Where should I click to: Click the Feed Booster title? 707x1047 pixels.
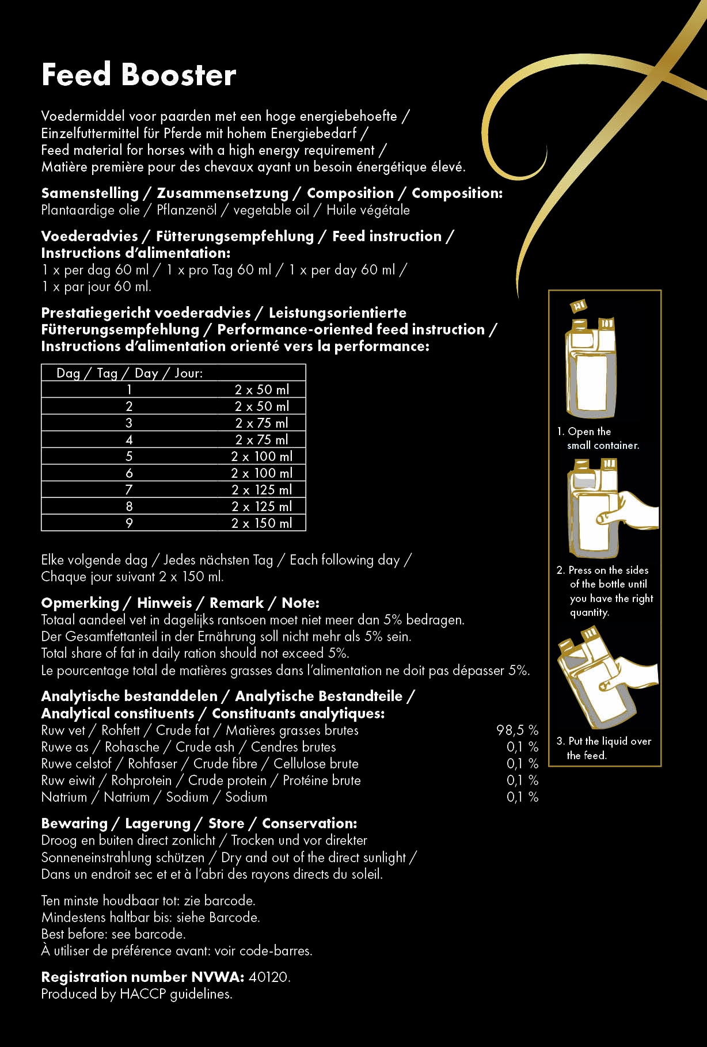[x=139, y=75]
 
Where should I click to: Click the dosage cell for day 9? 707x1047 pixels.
[x=261, y=523]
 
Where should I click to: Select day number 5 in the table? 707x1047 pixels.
[x=129, y=456]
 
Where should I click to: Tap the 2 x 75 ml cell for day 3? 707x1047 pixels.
[x=261, y=423]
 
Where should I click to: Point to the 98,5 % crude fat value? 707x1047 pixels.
[x=517, y=730]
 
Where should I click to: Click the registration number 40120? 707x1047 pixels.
[x=269, y=977]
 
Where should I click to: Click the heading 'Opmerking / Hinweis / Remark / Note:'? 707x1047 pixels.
[x=180, y=603]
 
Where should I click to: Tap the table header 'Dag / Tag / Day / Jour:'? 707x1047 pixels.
[x=130, y=373]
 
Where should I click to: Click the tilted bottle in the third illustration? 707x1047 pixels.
[x=596, y=679]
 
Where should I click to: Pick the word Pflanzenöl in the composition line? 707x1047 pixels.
[x=187, y=210]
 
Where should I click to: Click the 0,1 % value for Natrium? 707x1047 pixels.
[x=522, y=797]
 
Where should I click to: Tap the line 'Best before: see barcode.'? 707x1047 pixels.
[x=113, y=934]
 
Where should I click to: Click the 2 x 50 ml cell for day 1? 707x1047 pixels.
[x=261, y=390]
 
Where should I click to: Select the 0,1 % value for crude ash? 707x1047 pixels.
[x=522, y=747]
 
